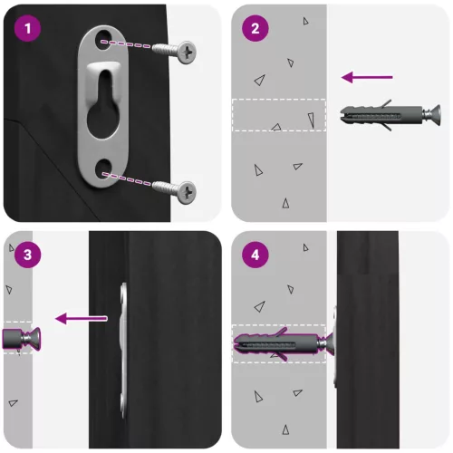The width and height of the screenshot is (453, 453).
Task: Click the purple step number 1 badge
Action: point(28,28)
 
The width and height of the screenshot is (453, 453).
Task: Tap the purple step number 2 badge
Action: point(255,28)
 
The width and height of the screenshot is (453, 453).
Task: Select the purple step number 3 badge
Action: point(28,255)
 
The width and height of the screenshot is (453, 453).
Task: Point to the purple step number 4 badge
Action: point(255,255)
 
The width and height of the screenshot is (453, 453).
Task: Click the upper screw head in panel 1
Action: point(186,53)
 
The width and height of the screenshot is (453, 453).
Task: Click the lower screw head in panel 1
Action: point(186,193)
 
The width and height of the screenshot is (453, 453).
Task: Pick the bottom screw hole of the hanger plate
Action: point(102,169)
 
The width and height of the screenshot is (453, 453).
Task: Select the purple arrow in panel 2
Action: point(367,77)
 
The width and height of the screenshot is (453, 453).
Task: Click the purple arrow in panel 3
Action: point(82,319)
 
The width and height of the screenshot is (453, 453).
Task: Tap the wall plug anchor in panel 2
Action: point(390,115)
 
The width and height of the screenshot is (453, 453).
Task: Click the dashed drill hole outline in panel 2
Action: point(279,115)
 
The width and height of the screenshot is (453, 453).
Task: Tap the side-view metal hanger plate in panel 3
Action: point(123,351)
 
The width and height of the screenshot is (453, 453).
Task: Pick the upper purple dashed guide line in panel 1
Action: point(126,44)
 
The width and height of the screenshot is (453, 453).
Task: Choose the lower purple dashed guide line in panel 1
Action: point(126,178)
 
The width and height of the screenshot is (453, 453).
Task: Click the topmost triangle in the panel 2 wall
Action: point(305,21)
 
